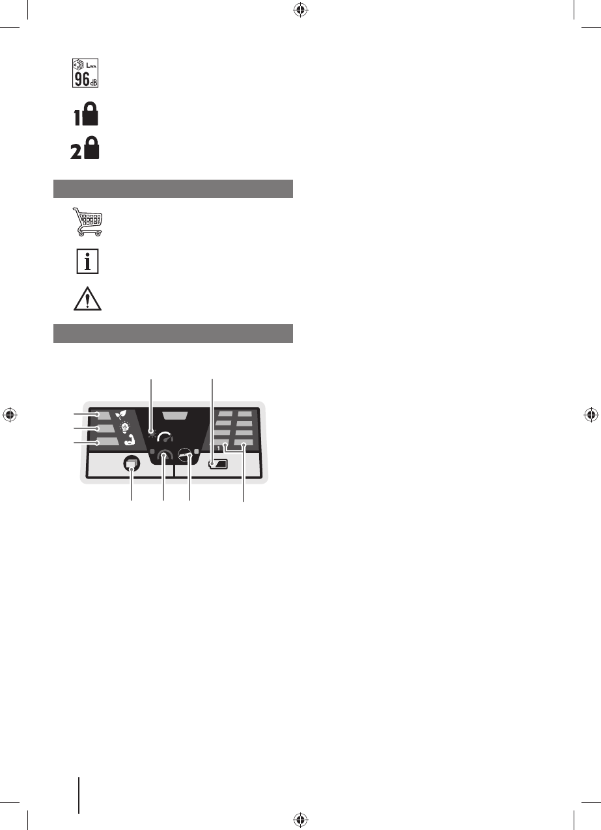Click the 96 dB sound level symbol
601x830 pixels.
tap(85, 73)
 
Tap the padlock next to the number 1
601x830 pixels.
tap(91, 113)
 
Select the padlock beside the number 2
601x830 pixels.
tap(92, 148)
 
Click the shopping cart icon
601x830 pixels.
tap(87, 221)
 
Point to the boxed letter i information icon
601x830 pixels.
tap(87, 261)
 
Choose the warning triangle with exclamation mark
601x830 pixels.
tap(87, 298)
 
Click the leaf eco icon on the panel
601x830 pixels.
tap(120, 414)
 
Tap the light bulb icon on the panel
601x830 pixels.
tap(124, 427)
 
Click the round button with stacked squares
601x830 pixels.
tap(132, 463)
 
